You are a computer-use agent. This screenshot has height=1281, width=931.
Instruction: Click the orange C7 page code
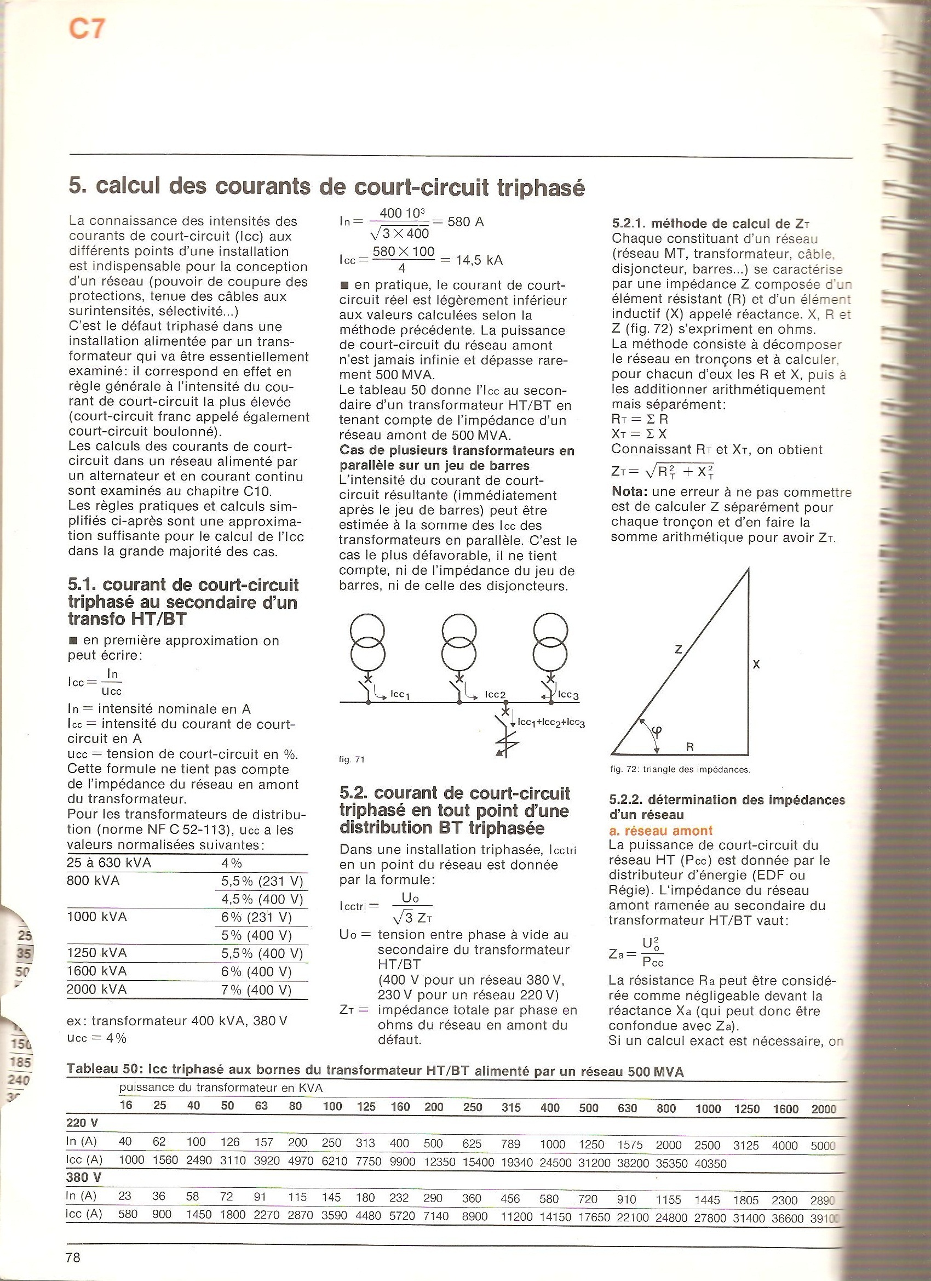click(87, 29)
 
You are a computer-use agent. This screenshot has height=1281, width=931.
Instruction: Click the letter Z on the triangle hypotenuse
click(679, 649)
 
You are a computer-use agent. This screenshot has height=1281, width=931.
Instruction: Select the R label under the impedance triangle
click(689, 747)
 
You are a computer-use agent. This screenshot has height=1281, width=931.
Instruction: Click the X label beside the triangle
click(756, 665)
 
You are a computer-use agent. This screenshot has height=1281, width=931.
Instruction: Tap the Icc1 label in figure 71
click(399, 695)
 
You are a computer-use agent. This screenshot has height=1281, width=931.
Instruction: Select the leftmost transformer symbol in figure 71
click(367, 642)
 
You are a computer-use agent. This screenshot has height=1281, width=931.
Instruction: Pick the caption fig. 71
click(351, 760)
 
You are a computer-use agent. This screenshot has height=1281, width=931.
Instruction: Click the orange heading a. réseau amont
click(660, 830)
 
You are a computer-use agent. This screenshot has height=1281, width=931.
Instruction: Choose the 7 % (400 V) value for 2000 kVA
click(256, 990)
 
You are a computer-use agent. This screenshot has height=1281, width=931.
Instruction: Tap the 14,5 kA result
click(474, 260)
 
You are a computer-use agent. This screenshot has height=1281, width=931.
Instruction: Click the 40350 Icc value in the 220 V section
click(708, 1163)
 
